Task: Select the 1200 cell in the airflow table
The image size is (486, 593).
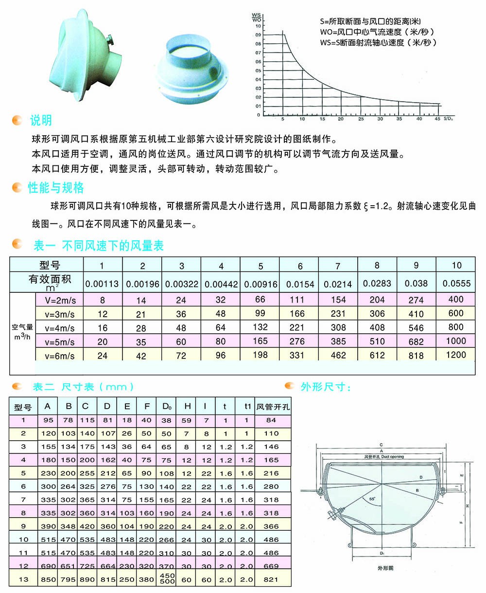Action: [x=455, y=355]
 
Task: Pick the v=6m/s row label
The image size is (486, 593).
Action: [x=60, y=356]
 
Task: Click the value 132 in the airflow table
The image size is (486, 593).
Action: [x=260, y=327]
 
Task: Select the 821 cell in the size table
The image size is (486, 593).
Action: [x=271, y=579]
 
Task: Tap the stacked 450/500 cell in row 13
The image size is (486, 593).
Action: [x=167, y=578]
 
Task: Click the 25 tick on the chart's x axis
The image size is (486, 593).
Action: [x=361, y=119]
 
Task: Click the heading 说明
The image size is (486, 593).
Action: [x=41, y=120]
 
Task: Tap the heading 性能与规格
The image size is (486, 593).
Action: [x=55, y=188]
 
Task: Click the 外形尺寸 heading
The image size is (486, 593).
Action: [x=326, y=387]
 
